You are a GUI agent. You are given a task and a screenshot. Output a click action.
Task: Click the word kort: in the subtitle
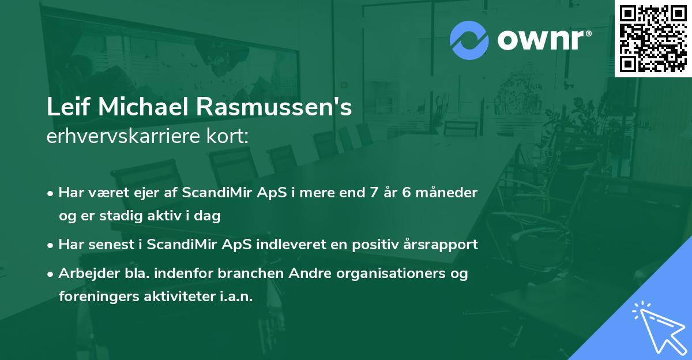click(231, 136)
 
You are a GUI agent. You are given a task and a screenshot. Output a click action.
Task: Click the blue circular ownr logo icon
click(469, 40)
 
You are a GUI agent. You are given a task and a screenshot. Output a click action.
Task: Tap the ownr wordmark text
click(544, 40)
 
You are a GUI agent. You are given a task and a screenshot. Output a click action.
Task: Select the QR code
click(653, 39)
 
